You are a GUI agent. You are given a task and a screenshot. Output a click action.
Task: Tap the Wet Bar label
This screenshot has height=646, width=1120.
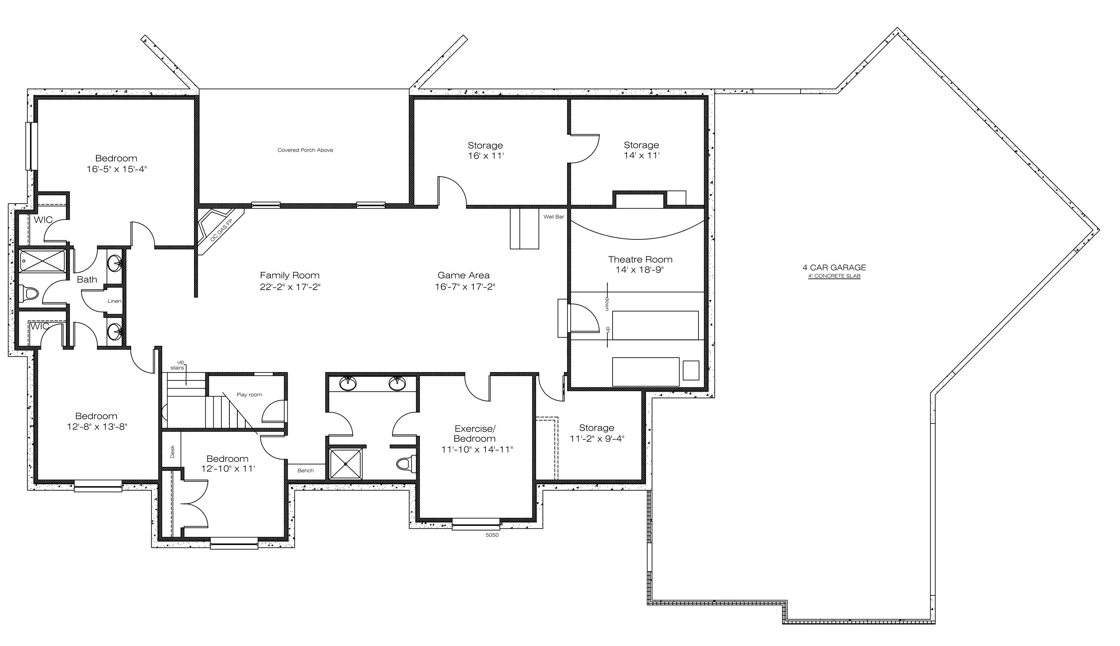[554, 217]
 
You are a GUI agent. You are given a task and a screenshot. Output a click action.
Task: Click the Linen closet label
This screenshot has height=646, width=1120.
[114, 301]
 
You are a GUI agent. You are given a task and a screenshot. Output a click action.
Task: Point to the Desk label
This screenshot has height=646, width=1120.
[172, 452]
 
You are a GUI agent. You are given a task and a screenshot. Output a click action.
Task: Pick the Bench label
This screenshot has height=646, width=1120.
[305, 470]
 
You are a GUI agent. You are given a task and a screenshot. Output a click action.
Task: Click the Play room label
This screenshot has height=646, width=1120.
[249, 394]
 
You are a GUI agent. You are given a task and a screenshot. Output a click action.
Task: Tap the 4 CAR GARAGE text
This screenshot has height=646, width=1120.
[834, 267]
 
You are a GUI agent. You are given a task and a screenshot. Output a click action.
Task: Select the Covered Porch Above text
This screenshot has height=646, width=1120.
[305, 150]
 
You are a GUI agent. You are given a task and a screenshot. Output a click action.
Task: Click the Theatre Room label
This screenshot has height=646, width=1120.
[640, 259]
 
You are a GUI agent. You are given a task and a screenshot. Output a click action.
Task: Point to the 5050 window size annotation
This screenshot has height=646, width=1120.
[492, 535]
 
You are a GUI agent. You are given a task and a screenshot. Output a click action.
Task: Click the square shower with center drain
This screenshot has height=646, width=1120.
[346, 464]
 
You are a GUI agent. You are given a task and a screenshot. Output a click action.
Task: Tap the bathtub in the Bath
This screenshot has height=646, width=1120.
[42, 261]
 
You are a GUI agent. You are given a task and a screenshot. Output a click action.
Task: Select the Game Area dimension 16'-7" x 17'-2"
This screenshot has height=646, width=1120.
[465, 287]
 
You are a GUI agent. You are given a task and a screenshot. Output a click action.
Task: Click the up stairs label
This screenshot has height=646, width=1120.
[178, 365]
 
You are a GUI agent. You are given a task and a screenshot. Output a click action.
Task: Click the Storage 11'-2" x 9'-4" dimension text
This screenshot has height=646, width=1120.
[596, 439]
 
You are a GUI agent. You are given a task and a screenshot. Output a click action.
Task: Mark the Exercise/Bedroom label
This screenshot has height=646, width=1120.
[475, 433]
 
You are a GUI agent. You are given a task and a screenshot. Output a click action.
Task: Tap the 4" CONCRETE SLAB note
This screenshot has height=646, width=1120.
[834, 276]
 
